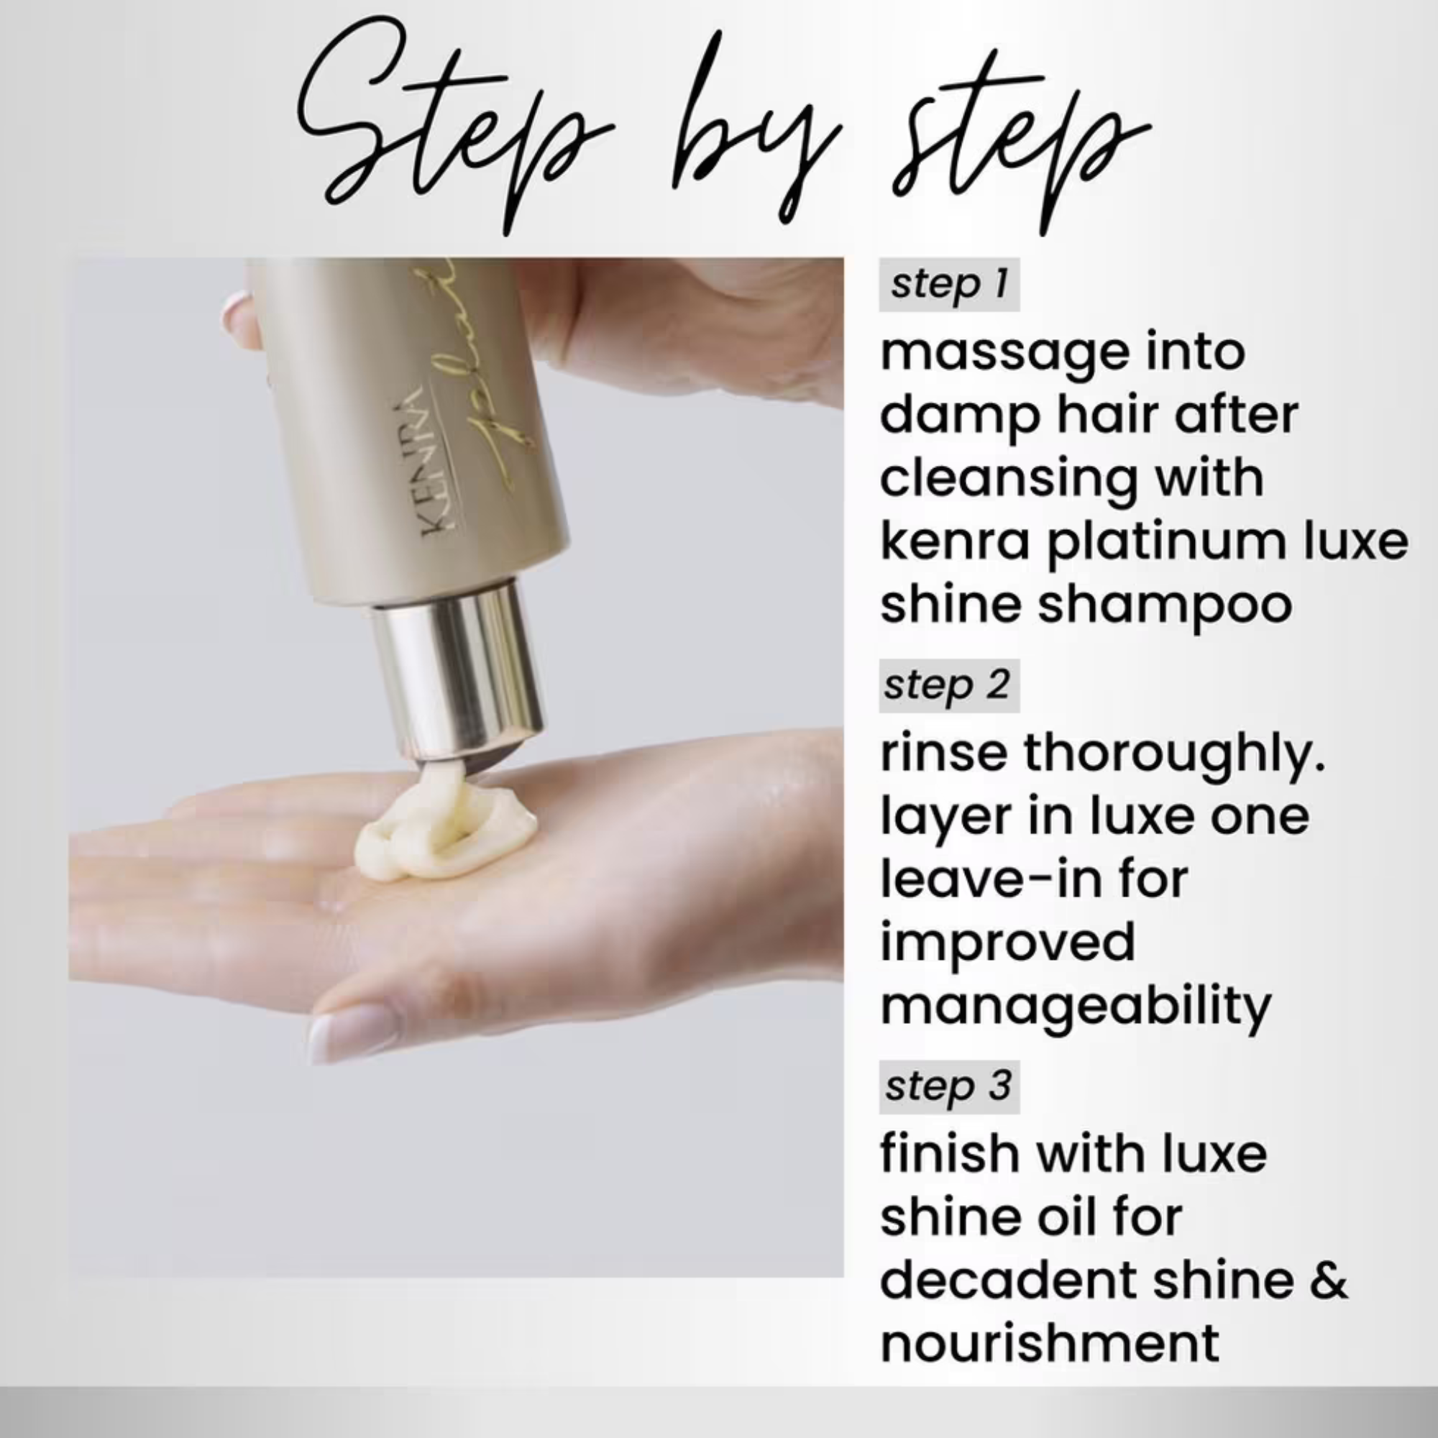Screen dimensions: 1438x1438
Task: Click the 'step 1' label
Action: pyautogui.click(x=949, y=284)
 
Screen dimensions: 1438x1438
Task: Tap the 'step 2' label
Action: pyautogui.click(x=949, y=685)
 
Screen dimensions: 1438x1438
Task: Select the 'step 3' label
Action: pyautogui.click(x=949, y=1086)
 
